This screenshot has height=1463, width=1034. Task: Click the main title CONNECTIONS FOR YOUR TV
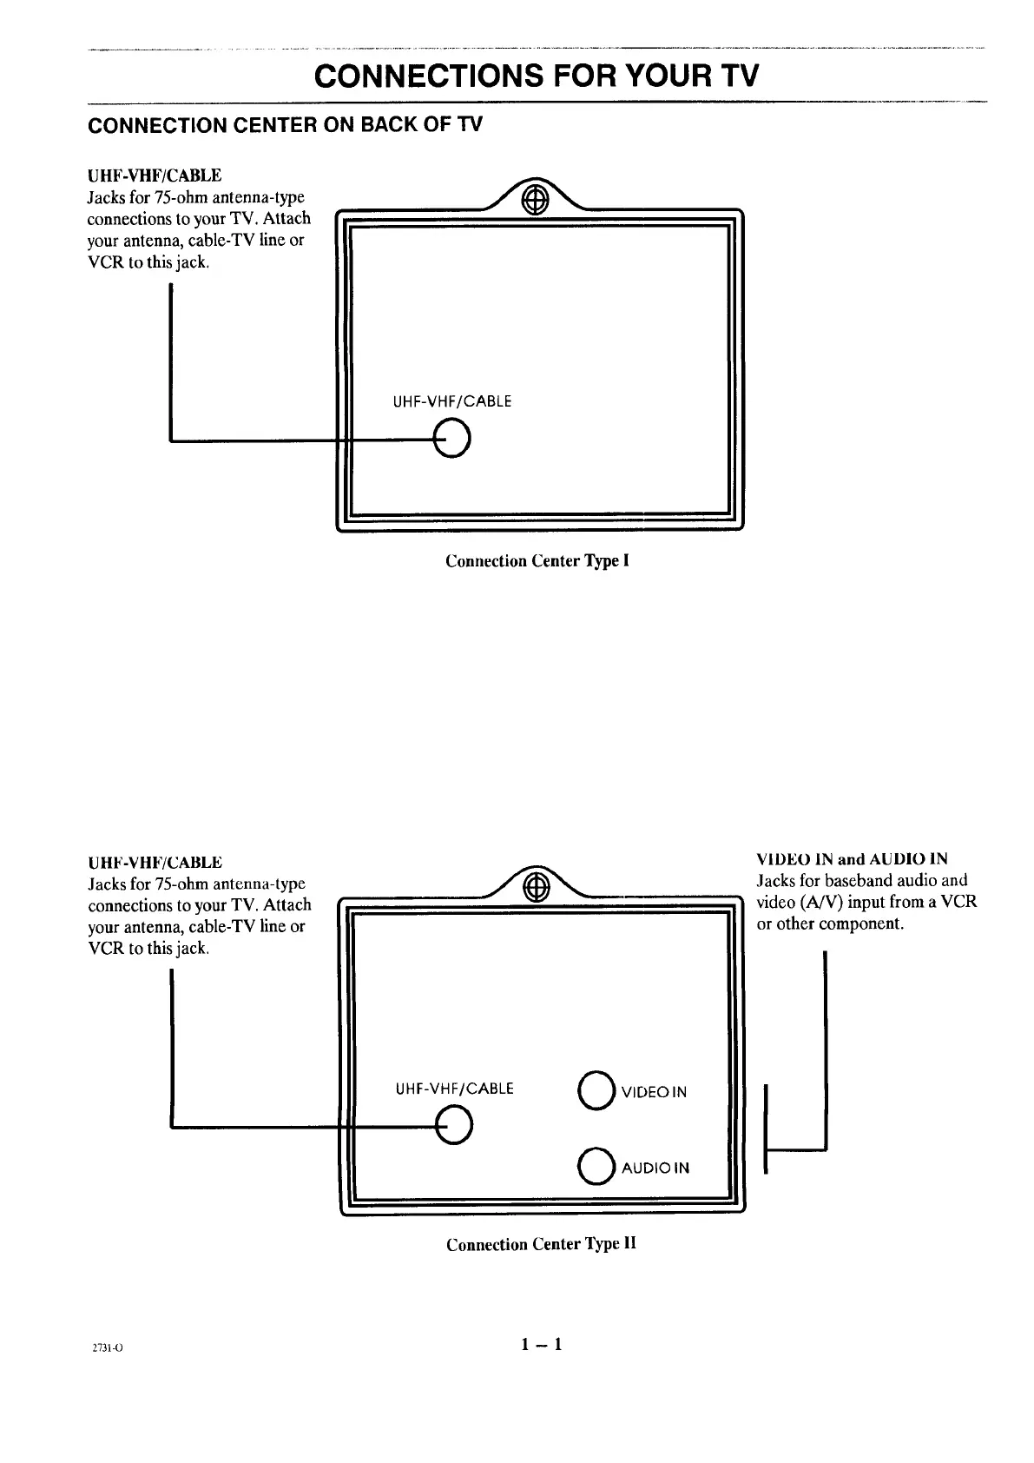pos(537,76)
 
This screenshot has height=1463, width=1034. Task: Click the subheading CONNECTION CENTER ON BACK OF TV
pos(286,125)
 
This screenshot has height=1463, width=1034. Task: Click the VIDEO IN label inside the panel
pos(654,1092)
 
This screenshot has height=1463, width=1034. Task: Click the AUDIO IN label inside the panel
pos(655,1168)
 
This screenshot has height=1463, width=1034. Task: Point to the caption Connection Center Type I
pos(537,560)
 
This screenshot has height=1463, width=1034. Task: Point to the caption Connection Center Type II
pos(541,1244)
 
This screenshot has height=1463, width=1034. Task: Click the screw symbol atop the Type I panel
pos(533,197)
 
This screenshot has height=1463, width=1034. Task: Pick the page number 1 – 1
pos(542,1345)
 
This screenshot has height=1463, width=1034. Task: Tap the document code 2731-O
pos(109,1348)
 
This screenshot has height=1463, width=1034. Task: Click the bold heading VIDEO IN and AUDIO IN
pos(852,859)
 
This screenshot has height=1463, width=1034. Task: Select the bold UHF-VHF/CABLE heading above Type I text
pos(155,176)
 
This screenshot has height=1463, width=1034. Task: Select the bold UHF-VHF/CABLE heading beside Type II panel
pos(155,863)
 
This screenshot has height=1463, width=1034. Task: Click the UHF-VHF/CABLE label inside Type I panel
pos(452,401)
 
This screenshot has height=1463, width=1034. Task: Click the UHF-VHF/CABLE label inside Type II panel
pos(454,1089)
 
